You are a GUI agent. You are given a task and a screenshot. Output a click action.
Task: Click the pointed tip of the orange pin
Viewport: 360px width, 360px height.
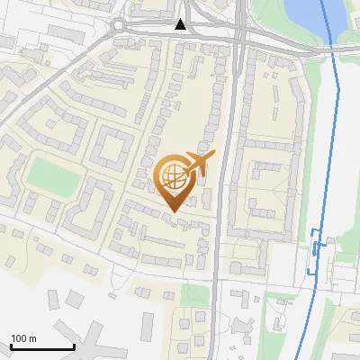click(x=175, y=212)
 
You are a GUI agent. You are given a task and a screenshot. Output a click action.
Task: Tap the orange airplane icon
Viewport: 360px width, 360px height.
click(x=197, y=164)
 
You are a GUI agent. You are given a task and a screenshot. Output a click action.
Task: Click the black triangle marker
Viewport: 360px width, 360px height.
click(x=181, y=24)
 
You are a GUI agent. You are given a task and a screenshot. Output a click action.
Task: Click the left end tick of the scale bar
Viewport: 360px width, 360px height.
click(x=11, y=346)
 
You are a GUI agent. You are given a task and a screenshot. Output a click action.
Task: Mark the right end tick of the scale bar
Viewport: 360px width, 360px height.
click(x=74, y=346)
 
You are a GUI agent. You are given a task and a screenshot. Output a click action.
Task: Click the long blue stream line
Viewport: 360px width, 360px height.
click(x=333, y=135)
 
